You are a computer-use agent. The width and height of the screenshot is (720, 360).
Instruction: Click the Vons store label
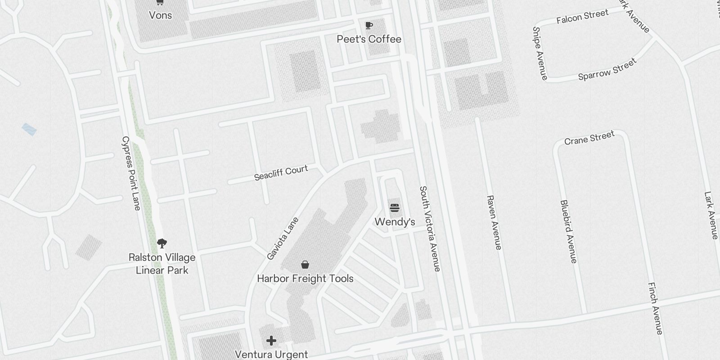(x=160, y=15)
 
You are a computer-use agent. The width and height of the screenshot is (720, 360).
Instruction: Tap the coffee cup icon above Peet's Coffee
(x=369, y=25)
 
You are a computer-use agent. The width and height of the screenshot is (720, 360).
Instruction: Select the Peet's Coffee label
(x=369, y=39)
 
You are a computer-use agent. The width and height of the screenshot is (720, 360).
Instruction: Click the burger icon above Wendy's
(x=395, y=208)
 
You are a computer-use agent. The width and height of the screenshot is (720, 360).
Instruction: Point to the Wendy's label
(x=395, y=222)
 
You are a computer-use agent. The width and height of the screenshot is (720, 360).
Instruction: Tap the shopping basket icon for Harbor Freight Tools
(x=305, y=265)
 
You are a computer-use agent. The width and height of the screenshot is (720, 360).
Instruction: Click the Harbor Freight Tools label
(x=305, y=279)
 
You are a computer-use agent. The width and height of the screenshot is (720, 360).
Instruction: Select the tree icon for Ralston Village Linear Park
(x=162, y=243)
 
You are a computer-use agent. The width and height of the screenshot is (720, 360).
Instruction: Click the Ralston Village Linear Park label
(x=162, y=264)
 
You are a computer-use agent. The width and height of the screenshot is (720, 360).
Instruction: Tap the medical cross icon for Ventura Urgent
(x=271, y=341)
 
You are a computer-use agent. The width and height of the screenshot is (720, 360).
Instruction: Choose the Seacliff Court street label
(x=281, y=172)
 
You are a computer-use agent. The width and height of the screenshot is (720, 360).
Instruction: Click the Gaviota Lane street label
(x=283, y=238)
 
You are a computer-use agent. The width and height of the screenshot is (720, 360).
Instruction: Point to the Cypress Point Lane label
(x=131, y=173)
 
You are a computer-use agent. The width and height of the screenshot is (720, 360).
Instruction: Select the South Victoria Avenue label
(x=430, y=229)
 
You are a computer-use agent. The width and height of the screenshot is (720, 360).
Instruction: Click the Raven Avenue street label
(x=494, y=222)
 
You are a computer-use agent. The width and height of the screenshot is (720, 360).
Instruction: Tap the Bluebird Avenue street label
(x=568, y=231)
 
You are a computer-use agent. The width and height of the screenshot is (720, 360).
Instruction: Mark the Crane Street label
(x=589, y=138)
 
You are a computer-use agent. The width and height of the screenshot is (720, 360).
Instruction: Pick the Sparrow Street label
(x=607, y=69)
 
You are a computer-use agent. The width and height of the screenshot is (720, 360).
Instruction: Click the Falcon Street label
(x=582, y=17)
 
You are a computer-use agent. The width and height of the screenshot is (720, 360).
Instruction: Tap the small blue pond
(x=29, y=130)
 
